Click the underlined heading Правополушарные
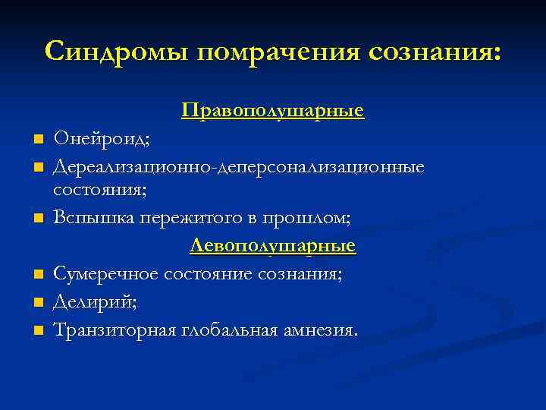click(273, 112)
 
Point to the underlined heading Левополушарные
click(273, 246)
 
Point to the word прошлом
click(306, 219)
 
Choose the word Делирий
click(95, 302)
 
